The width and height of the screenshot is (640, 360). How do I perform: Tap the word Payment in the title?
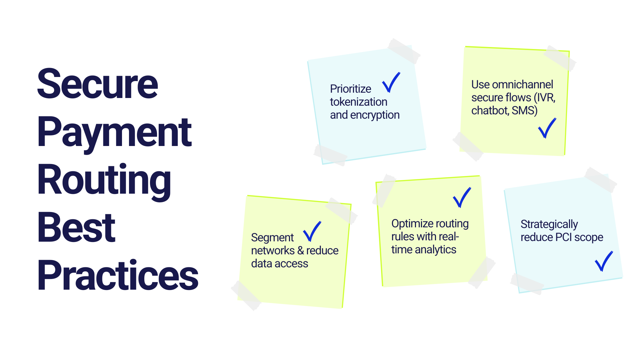114,132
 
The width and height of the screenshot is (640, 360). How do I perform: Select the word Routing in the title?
104,180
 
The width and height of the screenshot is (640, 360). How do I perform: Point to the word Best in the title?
76,228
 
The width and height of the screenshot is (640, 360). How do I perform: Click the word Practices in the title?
118,275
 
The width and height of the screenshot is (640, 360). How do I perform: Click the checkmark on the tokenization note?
391,82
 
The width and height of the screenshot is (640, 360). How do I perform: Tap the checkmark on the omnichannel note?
547,128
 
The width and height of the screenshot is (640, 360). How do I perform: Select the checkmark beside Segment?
312,231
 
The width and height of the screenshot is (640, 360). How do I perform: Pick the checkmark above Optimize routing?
462,197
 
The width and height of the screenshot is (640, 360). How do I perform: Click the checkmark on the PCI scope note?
604,261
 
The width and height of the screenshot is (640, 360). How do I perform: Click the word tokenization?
358,102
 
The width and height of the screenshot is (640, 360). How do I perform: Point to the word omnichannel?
522,85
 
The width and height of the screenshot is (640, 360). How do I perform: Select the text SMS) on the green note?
524,110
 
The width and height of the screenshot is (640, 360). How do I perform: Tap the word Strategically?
549,224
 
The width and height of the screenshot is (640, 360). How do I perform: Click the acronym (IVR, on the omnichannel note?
544,98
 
